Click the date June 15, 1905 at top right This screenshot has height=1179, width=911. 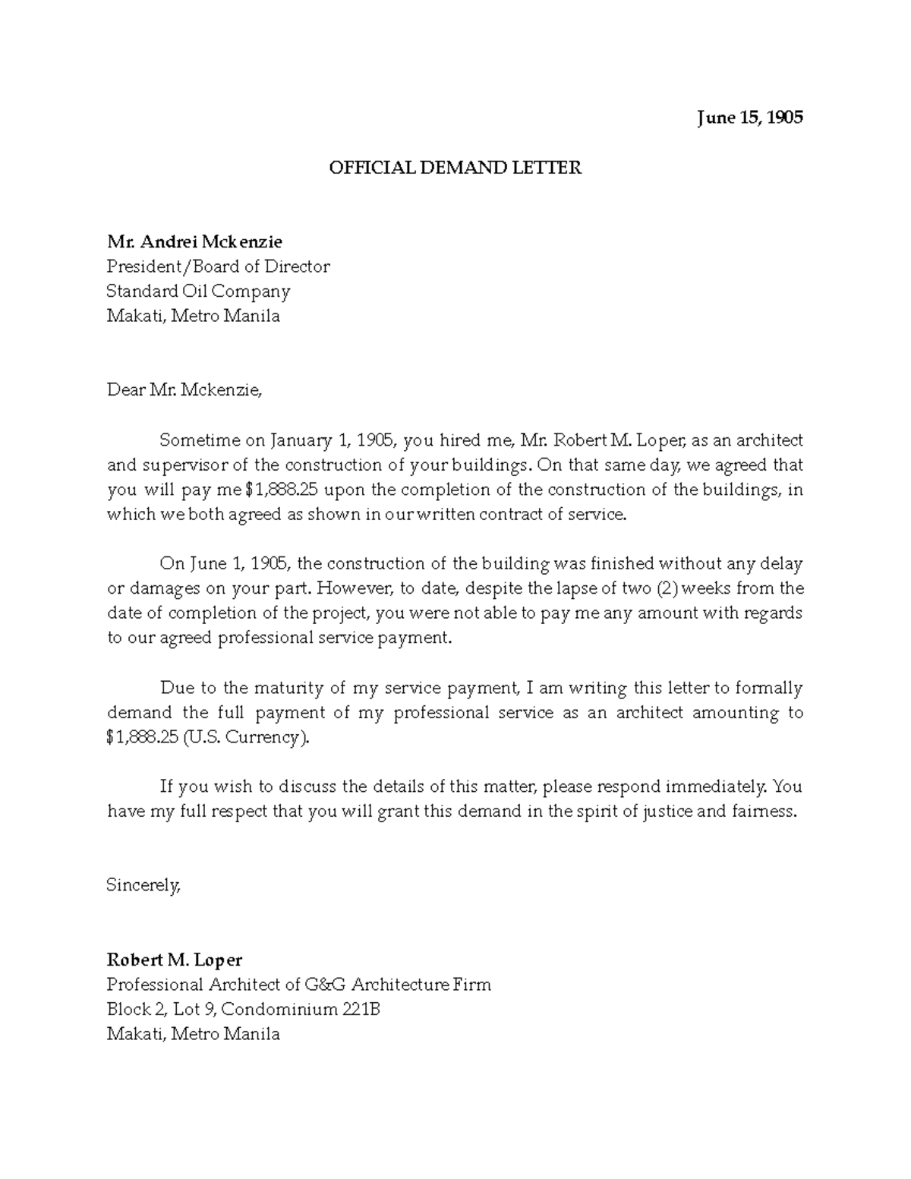click(749, 118)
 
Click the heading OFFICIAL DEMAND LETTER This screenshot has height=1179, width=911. click(455, 168)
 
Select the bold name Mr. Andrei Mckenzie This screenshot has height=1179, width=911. click(194, 242)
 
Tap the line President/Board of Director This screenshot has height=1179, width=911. click(218, 266)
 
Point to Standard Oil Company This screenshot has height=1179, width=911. click(198, 292)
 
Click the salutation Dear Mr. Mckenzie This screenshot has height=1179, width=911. click(184, 391)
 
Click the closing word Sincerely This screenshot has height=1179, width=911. click(143, 885)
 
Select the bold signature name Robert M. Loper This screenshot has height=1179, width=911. click(175, 960)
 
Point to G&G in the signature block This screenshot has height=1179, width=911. click(325, 985)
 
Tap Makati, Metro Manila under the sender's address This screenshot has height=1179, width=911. click(194, 1034)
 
